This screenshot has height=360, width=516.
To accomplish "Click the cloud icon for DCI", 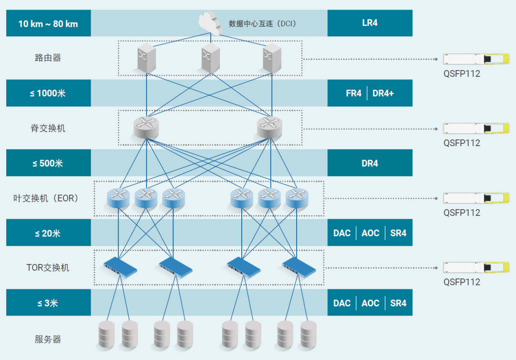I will point(210,22).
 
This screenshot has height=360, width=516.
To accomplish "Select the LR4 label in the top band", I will point(370,22).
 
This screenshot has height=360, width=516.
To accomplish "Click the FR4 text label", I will point(354,93).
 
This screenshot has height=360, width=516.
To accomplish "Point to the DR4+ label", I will point(383,93).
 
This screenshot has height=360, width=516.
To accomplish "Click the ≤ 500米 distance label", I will point(48,163).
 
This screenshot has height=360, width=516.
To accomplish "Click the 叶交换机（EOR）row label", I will point(46,198).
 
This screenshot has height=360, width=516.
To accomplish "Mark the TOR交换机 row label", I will point(48,267).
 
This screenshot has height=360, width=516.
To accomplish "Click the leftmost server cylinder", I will point(107,334).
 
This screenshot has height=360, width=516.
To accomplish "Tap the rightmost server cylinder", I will point(308,334).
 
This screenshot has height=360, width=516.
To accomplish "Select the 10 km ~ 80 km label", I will point(48,23).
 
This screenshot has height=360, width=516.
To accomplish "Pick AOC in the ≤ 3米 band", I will point(370,303).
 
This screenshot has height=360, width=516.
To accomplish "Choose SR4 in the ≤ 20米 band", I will point(398,233).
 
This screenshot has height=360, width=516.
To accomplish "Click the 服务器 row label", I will point(48,339).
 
